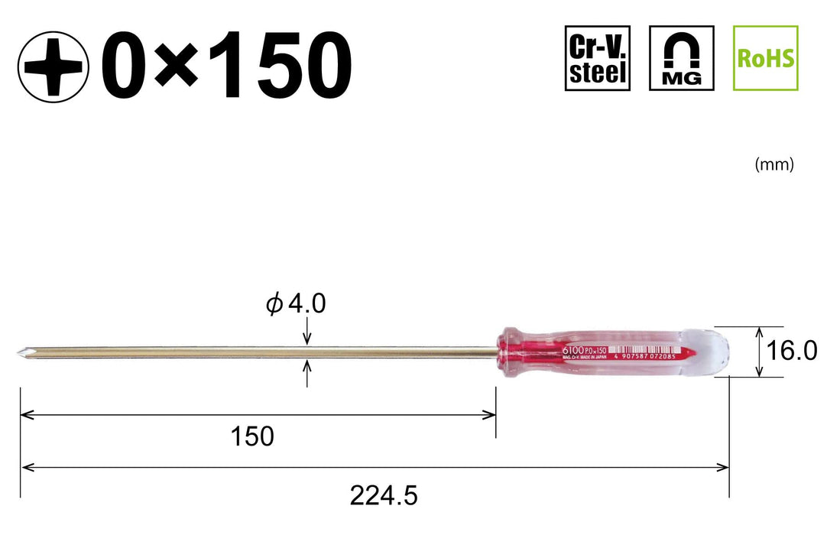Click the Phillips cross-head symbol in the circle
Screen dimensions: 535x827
51,65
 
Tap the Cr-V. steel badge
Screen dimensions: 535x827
598,58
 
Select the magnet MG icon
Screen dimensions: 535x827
682,58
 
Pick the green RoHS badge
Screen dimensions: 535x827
765,58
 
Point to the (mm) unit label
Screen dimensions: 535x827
773,164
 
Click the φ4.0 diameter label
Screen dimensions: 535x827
296,304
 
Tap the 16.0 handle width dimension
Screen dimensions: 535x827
792,352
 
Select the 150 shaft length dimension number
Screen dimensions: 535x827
252,436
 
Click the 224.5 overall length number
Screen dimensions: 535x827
384,497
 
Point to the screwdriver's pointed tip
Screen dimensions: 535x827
24,352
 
